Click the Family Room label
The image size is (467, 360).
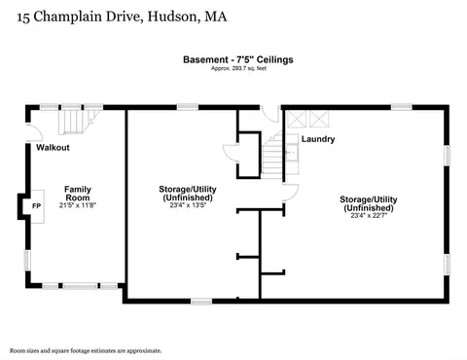78,194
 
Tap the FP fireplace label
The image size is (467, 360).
37,206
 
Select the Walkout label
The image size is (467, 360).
53,148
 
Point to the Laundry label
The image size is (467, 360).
318,139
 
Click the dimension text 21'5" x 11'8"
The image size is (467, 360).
78,205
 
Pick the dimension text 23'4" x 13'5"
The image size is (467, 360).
188,205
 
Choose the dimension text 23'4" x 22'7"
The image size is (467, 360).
369,215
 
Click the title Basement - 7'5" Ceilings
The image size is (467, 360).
238,59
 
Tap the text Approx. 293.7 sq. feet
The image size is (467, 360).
238,68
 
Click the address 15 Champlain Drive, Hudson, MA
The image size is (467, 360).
122,17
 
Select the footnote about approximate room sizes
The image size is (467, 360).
86,351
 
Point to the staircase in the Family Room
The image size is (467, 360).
79,122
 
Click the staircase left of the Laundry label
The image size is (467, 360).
272,156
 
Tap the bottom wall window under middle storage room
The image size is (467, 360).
201,302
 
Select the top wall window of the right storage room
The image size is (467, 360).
402,107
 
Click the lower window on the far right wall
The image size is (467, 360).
448,264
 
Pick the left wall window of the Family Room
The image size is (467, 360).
27,261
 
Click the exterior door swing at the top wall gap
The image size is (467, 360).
270,114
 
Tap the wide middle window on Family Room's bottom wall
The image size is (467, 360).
80,286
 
